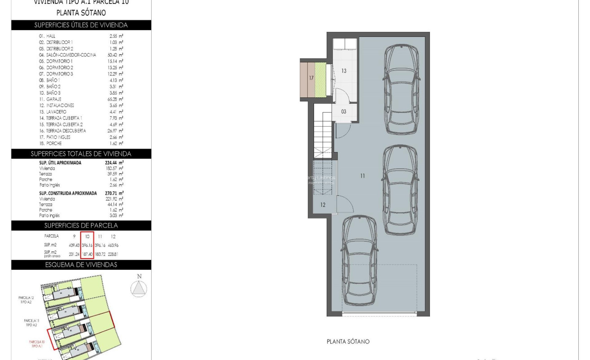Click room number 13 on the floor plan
pos(344,71)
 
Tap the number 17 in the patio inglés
pos(311,78)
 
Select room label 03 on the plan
pos(344,112)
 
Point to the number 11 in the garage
pos(363,176)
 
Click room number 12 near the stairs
pos(323,205)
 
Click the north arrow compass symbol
pos(139,287)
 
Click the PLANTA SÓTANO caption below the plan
pos(348,342)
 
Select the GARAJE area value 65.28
pos(116,99)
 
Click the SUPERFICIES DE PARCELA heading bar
pos(81,225)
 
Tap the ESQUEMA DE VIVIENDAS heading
pos(81,265)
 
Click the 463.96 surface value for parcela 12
pos(113,246)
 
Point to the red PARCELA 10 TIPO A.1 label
pos(37,344)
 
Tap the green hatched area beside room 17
pos(320,78)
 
